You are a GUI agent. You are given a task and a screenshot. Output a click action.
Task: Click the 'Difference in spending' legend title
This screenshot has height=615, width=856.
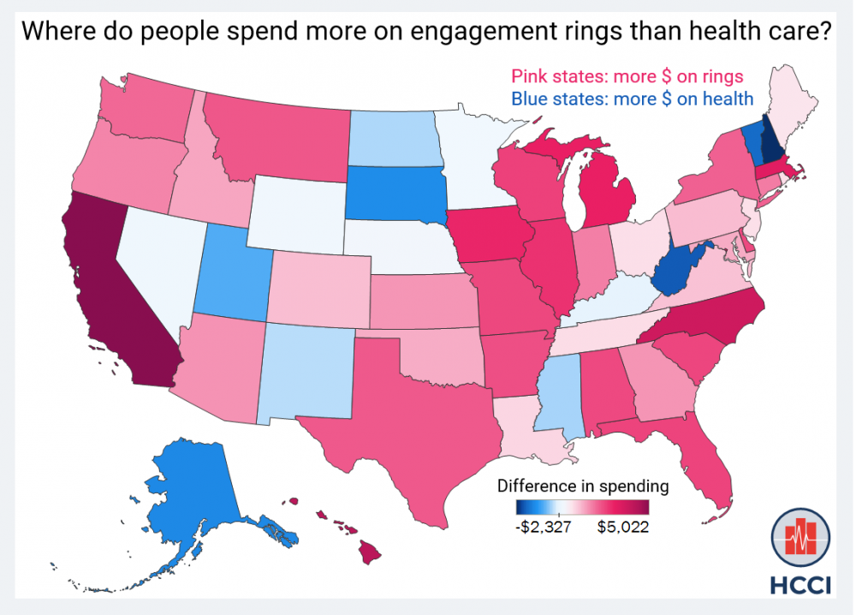click(582, 486)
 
